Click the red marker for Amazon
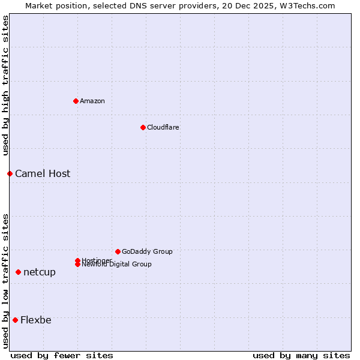pos(76,101)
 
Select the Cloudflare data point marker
pos(143,127)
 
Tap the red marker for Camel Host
pos(10,173)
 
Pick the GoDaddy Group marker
pos(118,251)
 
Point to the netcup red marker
pos(18,272)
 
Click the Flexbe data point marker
pos(15,320)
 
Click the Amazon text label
pos(92,101)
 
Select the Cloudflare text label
pos(163,127)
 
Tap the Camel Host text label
pos(43,173)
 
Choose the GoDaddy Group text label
pos(147,251)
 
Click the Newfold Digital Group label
pos(116,265)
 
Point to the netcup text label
pos(40,272)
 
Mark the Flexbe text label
pos(36,320)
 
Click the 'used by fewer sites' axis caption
pos(62,355)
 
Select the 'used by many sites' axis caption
pos(301,355)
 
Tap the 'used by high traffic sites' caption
pos(5,85)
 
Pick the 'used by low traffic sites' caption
pos(5,281)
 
